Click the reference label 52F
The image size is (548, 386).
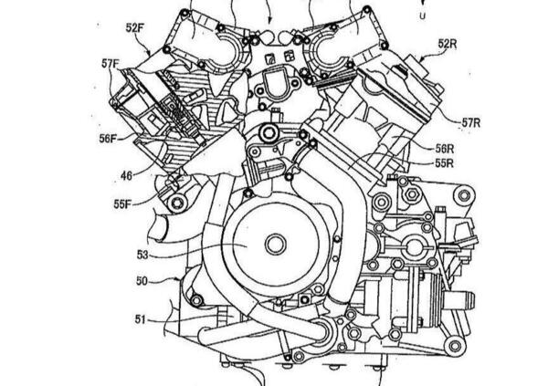point(135,28)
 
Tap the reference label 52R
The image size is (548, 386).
point(448,44)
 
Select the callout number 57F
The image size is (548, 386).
point(111,64)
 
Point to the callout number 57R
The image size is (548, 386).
point(471,123)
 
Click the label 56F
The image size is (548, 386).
point(108,139)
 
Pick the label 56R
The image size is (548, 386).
point(445,149)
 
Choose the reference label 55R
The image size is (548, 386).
point(444,163)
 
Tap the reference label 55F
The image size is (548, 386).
point(122,204)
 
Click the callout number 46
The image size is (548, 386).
point(127,176)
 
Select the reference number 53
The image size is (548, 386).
point(142,255)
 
